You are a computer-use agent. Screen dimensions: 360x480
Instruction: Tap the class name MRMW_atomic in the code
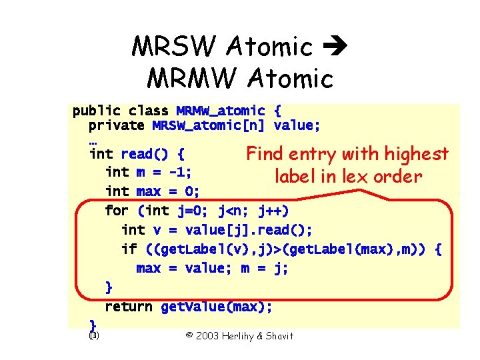point(221,111)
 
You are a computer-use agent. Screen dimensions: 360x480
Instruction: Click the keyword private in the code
point(116,125)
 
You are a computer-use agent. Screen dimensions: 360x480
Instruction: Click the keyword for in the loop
point(117,211)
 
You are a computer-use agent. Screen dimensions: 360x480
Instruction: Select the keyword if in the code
point(128,249)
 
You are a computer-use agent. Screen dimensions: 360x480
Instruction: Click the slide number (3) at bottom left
point(93,335)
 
